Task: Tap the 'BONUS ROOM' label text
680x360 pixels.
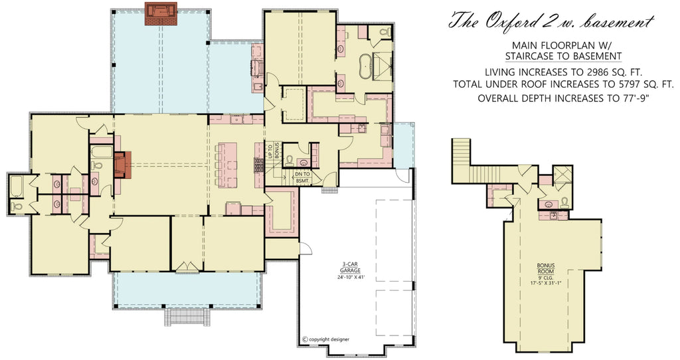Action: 546,267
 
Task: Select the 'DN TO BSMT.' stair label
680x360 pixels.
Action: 302,177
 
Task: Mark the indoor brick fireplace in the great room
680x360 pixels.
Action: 124,165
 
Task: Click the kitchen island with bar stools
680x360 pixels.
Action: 228,164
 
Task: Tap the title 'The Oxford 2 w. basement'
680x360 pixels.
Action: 551,21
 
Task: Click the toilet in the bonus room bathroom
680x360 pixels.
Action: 564,202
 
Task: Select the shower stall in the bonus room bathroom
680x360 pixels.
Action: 563,175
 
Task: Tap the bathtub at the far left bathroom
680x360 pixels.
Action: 17,186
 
